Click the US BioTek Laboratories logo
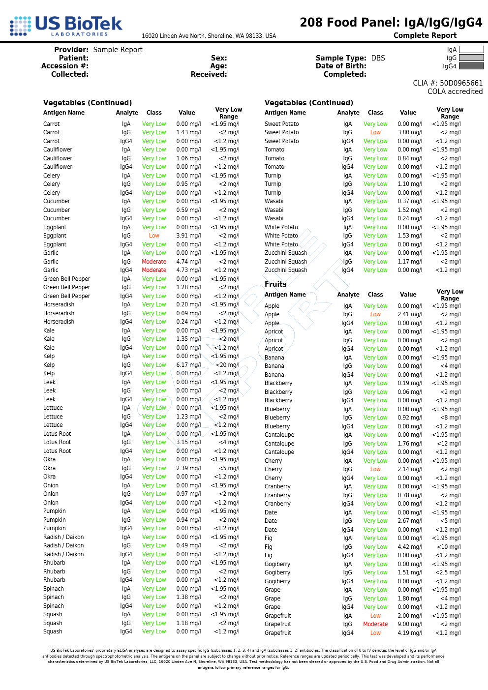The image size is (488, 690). tap(66, 26)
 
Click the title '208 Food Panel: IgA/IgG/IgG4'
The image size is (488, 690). tap(391, 23)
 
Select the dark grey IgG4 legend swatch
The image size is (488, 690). tap(471, 66)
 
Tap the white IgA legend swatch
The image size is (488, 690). tap(471, 50)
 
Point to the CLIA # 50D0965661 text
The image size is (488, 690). tap(448, 83)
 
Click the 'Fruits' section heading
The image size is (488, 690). tap(275, 284)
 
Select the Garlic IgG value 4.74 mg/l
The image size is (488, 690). tap(188, 262)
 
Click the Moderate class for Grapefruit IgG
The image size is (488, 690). tap(375, 624)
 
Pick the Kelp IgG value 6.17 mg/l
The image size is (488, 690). tap(188, 365)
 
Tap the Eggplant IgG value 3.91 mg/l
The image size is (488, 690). tap(188, 236)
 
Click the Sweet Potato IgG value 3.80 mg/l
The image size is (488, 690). tap(410, 132)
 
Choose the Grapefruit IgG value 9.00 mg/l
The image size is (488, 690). tap(410, 624)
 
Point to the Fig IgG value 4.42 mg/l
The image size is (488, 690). tap(410, 547)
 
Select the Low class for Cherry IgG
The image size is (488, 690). tap(375, 469)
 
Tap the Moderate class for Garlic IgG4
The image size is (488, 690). tap(154, 270)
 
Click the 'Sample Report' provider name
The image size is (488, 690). tap(118, 50)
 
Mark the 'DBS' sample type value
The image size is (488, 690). tap(378, 58)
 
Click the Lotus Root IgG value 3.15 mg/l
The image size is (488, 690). tap(188, 442)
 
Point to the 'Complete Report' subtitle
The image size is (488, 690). tap(425, 35)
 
